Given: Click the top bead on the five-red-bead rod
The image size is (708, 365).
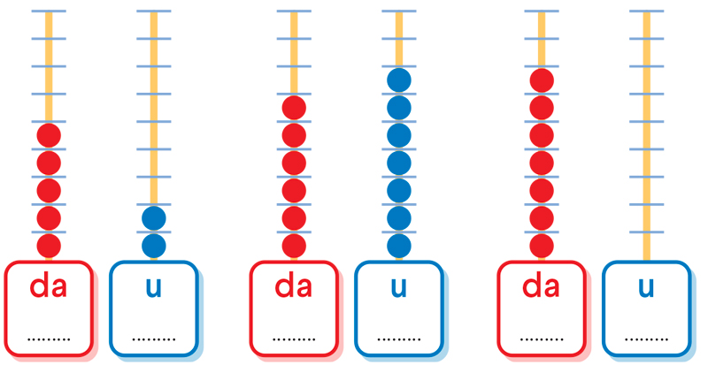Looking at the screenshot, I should [x=49, y=136].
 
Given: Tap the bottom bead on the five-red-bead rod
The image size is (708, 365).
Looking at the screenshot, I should [x=49, y=246].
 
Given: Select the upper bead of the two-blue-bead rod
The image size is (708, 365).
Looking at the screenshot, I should [x=154, y=218].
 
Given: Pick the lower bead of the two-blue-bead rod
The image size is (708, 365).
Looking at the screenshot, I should [x=154, y=246].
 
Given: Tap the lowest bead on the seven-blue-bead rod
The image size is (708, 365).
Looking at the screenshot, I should [x=399, y=246].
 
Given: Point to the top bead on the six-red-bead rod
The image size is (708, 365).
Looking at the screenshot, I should [x=295, y=109].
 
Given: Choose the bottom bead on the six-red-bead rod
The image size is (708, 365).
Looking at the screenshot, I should [x=295, y=246].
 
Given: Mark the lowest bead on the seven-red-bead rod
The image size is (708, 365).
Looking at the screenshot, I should [x=542, y=246].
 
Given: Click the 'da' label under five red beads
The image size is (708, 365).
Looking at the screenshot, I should [x=49, y=286].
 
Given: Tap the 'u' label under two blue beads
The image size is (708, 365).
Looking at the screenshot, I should [x=154, y=288].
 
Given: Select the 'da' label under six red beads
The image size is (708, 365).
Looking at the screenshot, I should [x=295, y=286].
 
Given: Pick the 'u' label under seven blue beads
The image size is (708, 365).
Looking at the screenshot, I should [x=399, y=288].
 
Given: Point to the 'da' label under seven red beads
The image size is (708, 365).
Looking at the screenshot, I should [x=542, y=286].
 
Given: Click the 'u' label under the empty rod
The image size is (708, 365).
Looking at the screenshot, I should [x=646, y=288].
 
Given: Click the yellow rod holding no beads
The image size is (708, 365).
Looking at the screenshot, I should [x=646, y=133].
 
